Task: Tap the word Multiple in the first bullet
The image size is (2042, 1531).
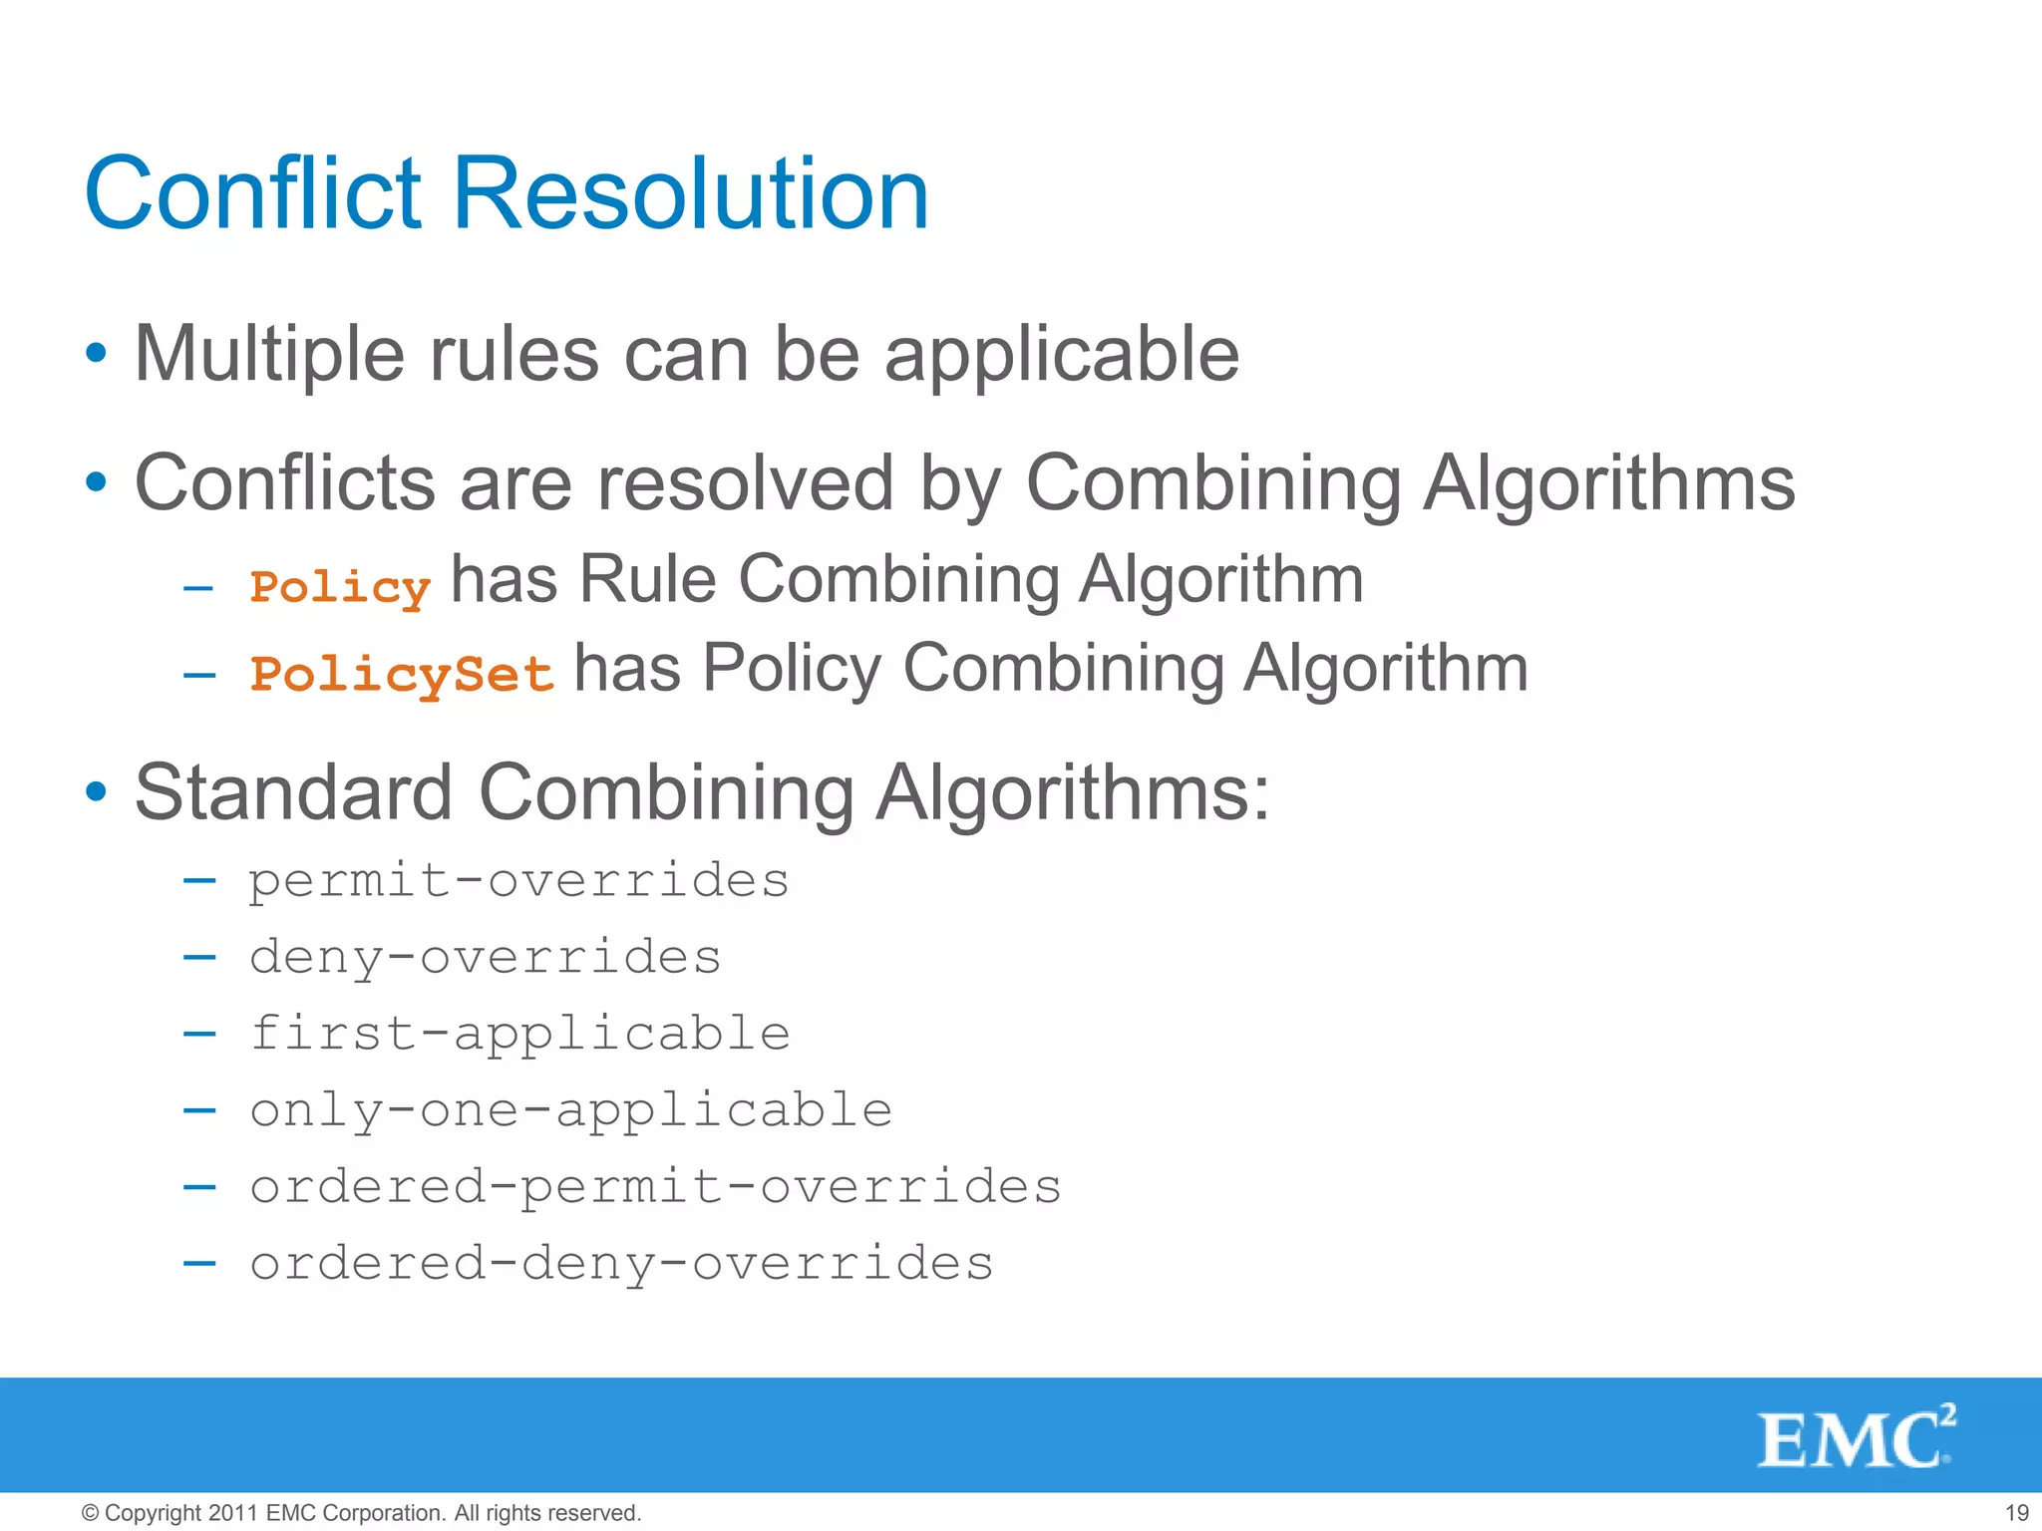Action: (269, 354)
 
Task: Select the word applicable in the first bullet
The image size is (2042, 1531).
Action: (1062, 356)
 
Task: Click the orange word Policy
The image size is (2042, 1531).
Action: (340, 587)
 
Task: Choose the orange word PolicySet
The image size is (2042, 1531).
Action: (402, 674)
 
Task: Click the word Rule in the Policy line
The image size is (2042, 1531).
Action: (648, 579)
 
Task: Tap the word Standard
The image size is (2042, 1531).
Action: (294, 792)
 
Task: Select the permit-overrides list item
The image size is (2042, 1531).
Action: (518, 881)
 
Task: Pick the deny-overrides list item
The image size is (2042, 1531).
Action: (485, 958)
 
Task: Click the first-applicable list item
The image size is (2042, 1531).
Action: (519, 1034)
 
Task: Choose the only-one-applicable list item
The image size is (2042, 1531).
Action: (570, 1110)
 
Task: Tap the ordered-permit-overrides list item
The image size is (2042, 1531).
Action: (655, 1187)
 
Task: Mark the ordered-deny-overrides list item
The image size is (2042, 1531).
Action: (621, 1264)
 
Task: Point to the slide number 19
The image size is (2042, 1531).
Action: (2016, 1513)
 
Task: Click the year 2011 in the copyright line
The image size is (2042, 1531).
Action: (234, 1513)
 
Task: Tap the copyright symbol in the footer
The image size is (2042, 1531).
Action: (90, 1513)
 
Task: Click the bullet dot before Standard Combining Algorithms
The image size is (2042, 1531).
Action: (96, 792)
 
